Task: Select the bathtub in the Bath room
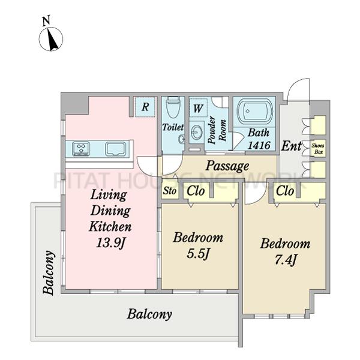point(255,112)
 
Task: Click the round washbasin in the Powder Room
point(196,133)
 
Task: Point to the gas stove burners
point(81,149)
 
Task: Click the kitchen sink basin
point(116,149)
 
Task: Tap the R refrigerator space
point(145,107)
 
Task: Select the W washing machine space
point(198,108)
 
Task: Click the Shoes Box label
point(318,149)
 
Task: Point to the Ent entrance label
point(292,146)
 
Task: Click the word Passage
point(227,166)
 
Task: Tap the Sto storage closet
point(170,190)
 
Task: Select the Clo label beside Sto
point(196,191)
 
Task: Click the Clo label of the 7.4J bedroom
point(285,191)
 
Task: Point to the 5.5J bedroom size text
point(197,254)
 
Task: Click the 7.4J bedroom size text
point(286,260)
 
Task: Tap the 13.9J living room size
point(110,242)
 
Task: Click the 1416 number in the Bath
point(259,145)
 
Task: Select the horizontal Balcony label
point(149,314)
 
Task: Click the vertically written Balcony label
point(49,272)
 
